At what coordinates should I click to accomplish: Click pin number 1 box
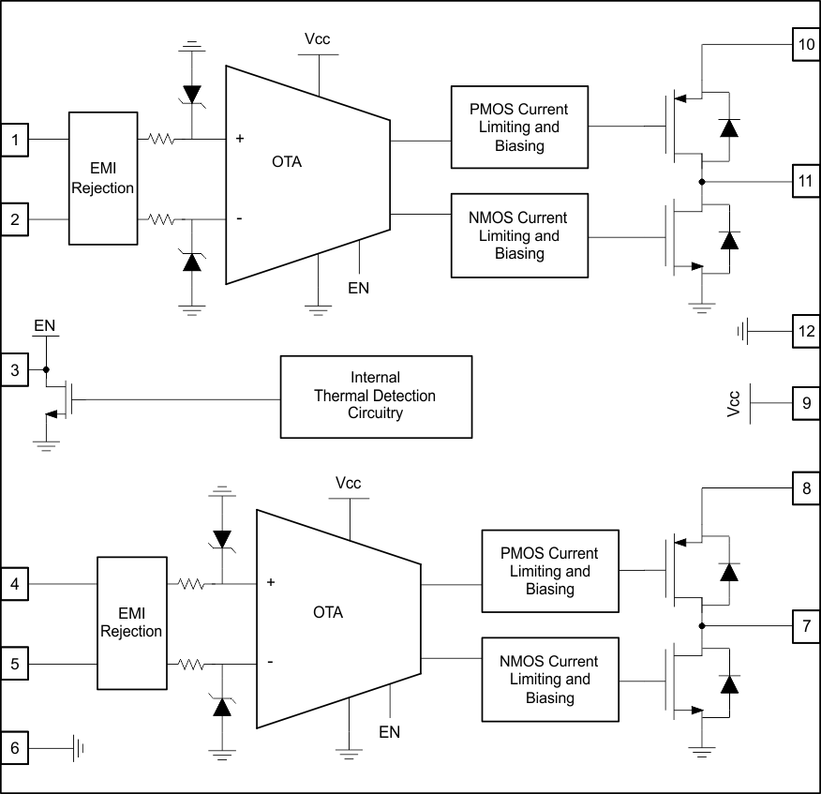click(x=15, y=141)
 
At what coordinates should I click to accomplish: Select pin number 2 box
click(x=15, y=220)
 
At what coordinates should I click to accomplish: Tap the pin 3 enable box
click(x=15, y=370)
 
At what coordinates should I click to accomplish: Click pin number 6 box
click(x=15, y=748)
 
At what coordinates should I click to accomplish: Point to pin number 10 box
click(x=806, y=45)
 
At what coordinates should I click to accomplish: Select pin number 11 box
click(x=806, y=181)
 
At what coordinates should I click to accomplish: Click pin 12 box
click(x=806, y=331)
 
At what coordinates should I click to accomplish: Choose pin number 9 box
click(x=806, y=403)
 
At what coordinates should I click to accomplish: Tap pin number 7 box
click(x=806, y=625)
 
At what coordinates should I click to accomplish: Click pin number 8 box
click(x=806, y=488)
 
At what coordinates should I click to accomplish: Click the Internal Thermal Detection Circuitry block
click(x=376, y=397)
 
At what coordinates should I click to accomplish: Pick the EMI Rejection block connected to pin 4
click(x=131, y=623)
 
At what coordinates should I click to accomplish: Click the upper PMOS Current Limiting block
click(x=519, y=127)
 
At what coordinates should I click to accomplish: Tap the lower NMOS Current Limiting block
click(x=549, y=680)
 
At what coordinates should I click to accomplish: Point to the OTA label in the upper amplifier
click(x=287, y=162)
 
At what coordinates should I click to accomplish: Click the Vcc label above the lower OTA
click(x=349, y=484)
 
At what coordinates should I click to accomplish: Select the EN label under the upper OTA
click(x=359, y=288)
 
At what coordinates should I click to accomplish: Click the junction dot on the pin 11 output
click(x=702, y=181)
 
